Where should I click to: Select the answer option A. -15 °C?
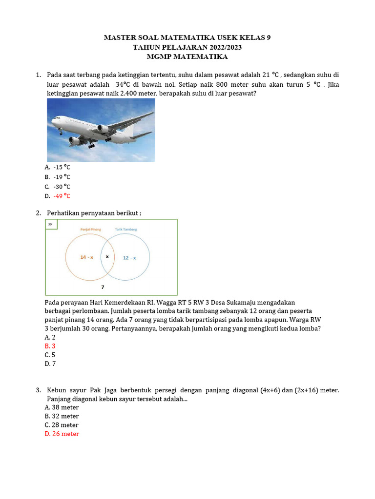[x=58, y=167]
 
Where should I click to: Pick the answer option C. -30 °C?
[x=58, y=187]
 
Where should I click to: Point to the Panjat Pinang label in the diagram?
[x=90, y=229]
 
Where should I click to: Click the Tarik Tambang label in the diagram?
[x=126, y=229]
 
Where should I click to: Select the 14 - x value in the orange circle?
[x=86, y=257]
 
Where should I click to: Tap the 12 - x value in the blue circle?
[x=129, y=258]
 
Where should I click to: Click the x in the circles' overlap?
[x=107, y=257]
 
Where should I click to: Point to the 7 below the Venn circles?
[x=103, y=287]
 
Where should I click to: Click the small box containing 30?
[x=51, y=224]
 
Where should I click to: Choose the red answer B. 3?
[x=50, y=346]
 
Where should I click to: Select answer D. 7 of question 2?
[x=50, y=364]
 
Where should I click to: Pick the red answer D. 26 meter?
[x=62, y=434]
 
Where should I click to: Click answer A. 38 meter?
[x=62, y=407]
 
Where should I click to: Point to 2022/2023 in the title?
[x=219, y=47]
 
